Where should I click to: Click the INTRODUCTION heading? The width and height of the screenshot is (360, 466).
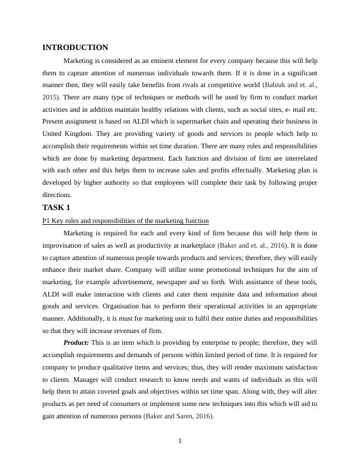pos(75,48)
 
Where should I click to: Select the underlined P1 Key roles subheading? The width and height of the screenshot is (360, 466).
pos(125,221)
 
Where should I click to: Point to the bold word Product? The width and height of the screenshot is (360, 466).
pos(76,342)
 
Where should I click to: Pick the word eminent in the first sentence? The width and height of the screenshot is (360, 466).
pos(160,61)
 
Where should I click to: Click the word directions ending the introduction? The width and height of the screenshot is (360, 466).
pos(58,195)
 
